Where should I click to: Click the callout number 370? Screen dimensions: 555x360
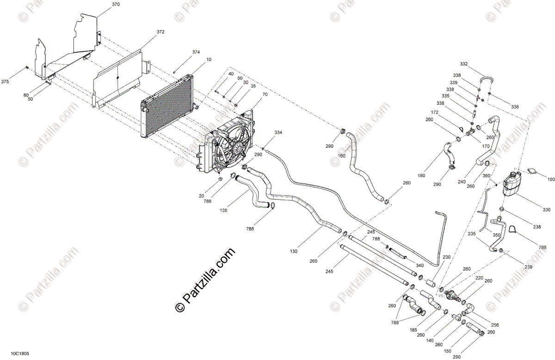coord(116,4)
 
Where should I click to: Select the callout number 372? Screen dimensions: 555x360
coord(160,32)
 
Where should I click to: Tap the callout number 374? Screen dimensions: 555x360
coord(196,52)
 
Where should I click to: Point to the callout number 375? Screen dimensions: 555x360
coord(5,81)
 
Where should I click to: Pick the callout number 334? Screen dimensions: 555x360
coord(278,133)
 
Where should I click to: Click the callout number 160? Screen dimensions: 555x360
coord(341,156)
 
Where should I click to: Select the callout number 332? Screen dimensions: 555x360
coord(463,64)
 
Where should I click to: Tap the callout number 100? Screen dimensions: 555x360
coord(551,179)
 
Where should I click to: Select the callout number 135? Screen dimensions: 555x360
coord(223,211)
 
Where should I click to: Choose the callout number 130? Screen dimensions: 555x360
coord(293,251)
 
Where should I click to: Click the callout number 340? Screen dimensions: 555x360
coord(419,266)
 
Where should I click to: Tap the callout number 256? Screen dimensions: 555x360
coord(495,325)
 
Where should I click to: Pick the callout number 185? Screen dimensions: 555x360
coord(413,330)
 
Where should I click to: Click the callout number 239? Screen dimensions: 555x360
coord(528,267)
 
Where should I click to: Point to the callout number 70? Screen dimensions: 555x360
coord(265,94)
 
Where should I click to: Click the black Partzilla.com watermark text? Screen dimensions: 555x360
coord(205,279)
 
